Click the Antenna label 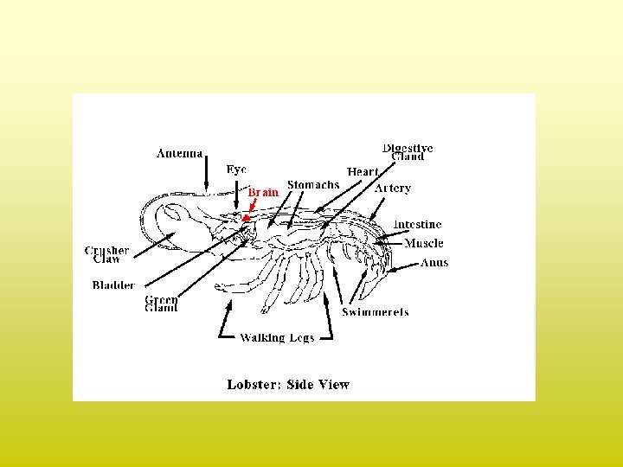179,154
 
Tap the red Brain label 263,193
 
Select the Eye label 236,170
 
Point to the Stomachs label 313,185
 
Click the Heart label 363,172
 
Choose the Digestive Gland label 408,152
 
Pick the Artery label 393,188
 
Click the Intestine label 417,225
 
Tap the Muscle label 424,244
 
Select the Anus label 434,263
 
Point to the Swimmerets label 376,311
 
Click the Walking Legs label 277,337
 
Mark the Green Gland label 162,304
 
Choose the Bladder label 113,285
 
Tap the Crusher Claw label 106,254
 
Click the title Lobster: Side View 288,384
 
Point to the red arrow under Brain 248,212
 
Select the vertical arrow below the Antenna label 206,175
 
